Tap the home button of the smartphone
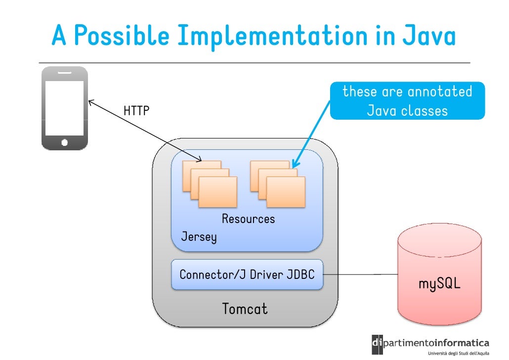pyautogui.click(x=64, y=142)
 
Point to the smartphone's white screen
pyautogui.click(x=64, y=107)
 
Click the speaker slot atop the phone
pyautogui.click(x=64, y=73)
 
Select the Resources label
pyautogui.click(x=248, y=219)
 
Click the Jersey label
pyautogui.click(x=199, y=237)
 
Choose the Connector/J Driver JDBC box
pyautogui.click(x=247, y=274)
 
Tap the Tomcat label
pyautogui.click(x=245, y=309)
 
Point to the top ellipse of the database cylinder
pyautogui.click(x=439, y=242)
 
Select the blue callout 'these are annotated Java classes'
pyautogui.click(x=407, y=101)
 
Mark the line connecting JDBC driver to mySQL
pyautogui.click(x=361, y=274)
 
